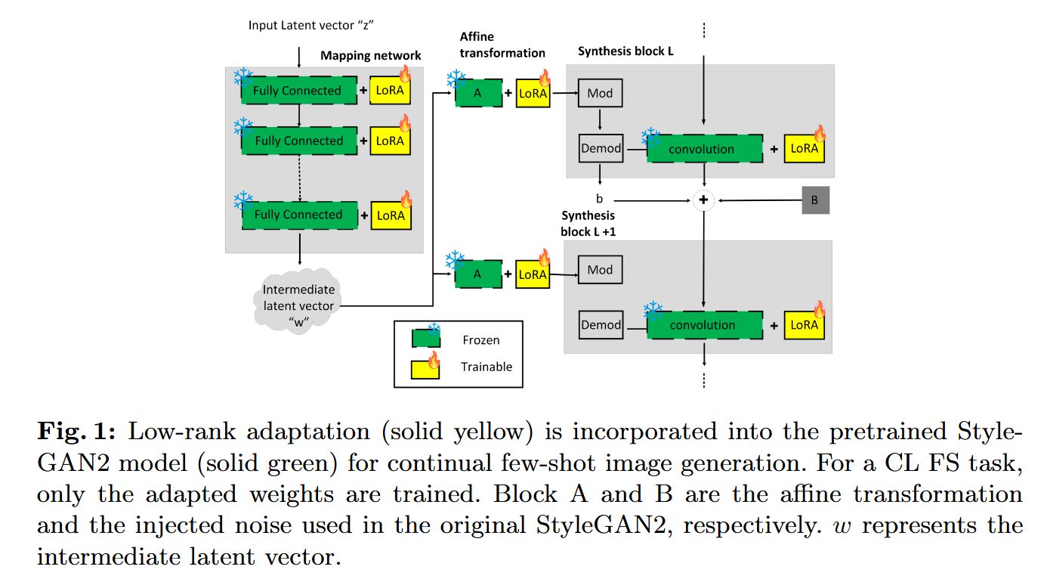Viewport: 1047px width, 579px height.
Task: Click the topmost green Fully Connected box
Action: point(298,90)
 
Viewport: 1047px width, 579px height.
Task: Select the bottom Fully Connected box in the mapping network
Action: point(300,215)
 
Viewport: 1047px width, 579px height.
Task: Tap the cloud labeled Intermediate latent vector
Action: point(298,301)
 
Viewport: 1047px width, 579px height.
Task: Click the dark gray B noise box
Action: point(816,200)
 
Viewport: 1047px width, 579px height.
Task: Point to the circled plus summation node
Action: point(703,200)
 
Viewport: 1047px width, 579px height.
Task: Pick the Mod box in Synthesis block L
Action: point(600,93)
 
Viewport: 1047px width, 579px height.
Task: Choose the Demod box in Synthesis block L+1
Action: point(601,325)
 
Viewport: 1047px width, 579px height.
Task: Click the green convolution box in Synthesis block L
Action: point(705,149)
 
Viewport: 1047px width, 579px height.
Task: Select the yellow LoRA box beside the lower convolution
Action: point(804,325)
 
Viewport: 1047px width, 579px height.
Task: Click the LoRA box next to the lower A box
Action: point(533,274)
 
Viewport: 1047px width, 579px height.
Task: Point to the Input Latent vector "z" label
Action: point(310,25)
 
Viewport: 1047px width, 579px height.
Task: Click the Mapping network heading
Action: point(371,56)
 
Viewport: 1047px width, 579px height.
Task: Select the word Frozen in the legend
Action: point(481,340)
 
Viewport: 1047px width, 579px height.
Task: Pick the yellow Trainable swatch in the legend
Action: point(425,370)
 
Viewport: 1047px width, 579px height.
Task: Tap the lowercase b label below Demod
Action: point(599,199)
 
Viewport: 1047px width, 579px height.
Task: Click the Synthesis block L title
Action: point(625,51)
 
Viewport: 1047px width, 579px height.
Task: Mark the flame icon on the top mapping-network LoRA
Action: point(405,73)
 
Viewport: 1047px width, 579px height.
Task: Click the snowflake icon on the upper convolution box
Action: point(650,137)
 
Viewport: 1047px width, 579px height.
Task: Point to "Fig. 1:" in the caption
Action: point(76,431)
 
